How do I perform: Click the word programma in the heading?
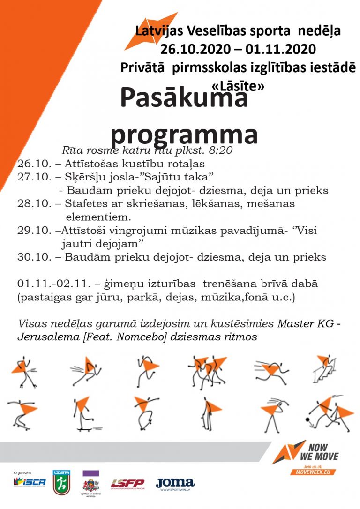tap(184, 134)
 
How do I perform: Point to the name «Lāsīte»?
tap(238, 87)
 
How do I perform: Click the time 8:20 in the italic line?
tap(219, 151)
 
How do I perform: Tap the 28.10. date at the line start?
tap(32, 204)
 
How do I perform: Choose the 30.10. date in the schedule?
tap(32, 257)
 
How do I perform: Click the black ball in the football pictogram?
tap(308, 419)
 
